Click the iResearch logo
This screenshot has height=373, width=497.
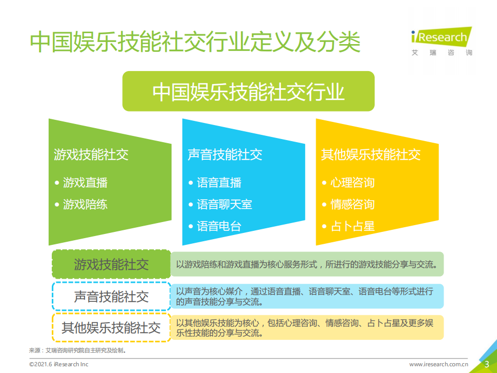(x=442, y=40)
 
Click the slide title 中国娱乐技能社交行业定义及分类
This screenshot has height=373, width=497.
(x=195, y=42)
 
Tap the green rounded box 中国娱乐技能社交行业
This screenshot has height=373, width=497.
(x=248, y=92)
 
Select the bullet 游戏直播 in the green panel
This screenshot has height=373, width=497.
(x=85, y=183)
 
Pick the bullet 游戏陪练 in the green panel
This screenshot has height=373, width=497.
(x=85, y=204)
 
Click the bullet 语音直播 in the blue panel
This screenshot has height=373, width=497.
(x=219, y=183)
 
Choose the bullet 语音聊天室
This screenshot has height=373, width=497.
(x=224, y=204)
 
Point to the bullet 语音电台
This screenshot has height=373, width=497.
(x=219, y=226)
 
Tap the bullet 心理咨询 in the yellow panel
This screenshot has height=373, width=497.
(x=352, y=183)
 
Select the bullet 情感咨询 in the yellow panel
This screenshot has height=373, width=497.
(x=352, y=204)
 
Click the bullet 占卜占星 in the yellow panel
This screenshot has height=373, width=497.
(x=352, y=226)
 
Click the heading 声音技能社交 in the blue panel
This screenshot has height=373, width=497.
(x=225, y=154)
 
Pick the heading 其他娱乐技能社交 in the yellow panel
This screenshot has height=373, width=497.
(x=371, y=154)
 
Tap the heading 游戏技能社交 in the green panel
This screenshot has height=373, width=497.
(x=91, y=154)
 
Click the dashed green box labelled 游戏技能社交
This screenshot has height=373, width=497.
(x=111, y=265)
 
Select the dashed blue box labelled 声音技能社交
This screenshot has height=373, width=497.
(x=111, y=296)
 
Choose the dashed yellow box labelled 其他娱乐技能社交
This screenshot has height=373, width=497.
(x=111, y=327)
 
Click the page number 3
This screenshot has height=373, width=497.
(x=487, y=364)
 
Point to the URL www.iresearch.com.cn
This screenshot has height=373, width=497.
(x=439, y=364)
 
